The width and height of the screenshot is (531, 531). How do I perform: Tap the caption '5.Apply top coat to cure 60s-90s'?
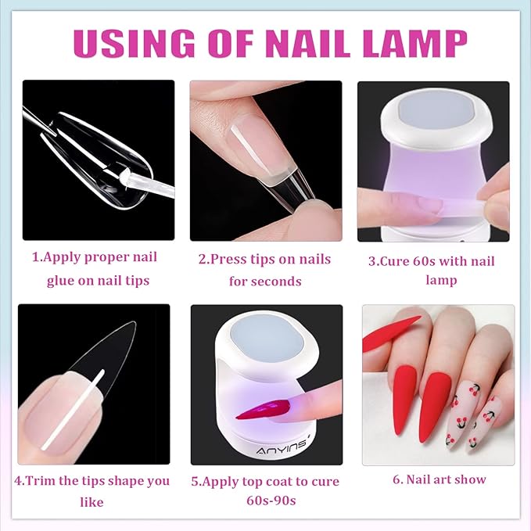click(265, 490)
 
